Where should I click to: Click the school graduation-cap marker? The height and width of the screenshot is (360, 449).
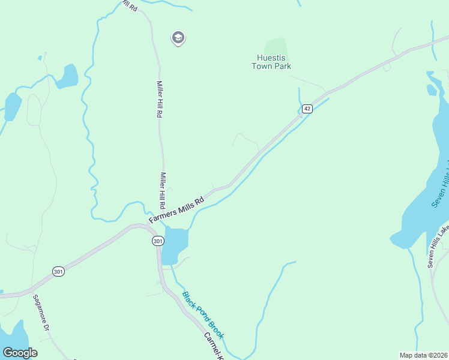pyautogui.click(x=178, y=38)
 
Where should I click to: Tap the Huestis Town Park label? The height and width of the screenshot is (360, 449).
pyautogui.click(x=274, y=62)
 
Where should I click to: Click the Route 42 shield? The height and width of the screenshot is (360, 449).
pyautogui.click(x=307, y=108)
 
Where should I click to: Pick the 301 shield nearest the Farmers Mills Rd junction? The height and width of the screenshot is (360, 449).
pyautogui.click(x=157, y=241)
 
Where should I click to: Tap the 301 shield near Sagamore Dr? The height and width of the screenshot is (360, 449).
pyautogui.click(x=58, y=271)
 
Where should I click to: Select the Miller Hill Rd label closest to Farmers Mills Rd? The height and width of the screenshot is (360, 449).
pyautogui.click(x=162, y=190)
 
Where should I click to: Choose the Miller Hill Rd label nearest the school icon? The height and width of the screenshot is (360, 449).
pyautogui.click(x=160, y=99)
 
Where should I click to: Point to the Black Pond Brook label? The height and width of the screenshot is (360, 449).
pyautogui.click(x=203, y=314)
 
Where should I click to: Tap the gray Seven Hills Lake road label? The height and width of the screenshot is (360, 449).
pyautogui.click(x=438, y=246)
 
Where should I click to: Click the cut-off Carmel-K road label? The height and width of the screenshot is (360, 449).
pyautogui.click(x=212, y=346)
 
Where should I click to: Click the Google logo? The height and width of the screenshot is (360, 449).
pyautogui.click(x=20, y=353)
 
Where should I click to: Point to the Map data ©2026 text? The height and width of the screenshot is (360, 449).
pyautogui.click(x=423, y=355)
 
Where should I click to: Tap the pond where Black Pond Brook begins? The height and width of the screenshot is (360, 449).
pyautogui.click(x=174, y=243)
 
